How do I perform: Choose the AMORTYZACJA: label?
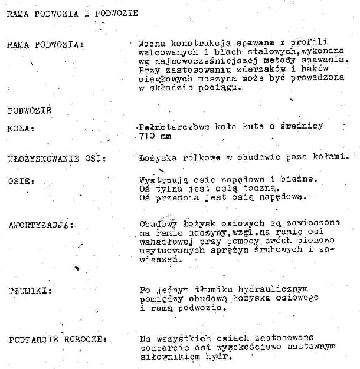41,225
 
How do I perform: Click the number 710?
146,136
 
